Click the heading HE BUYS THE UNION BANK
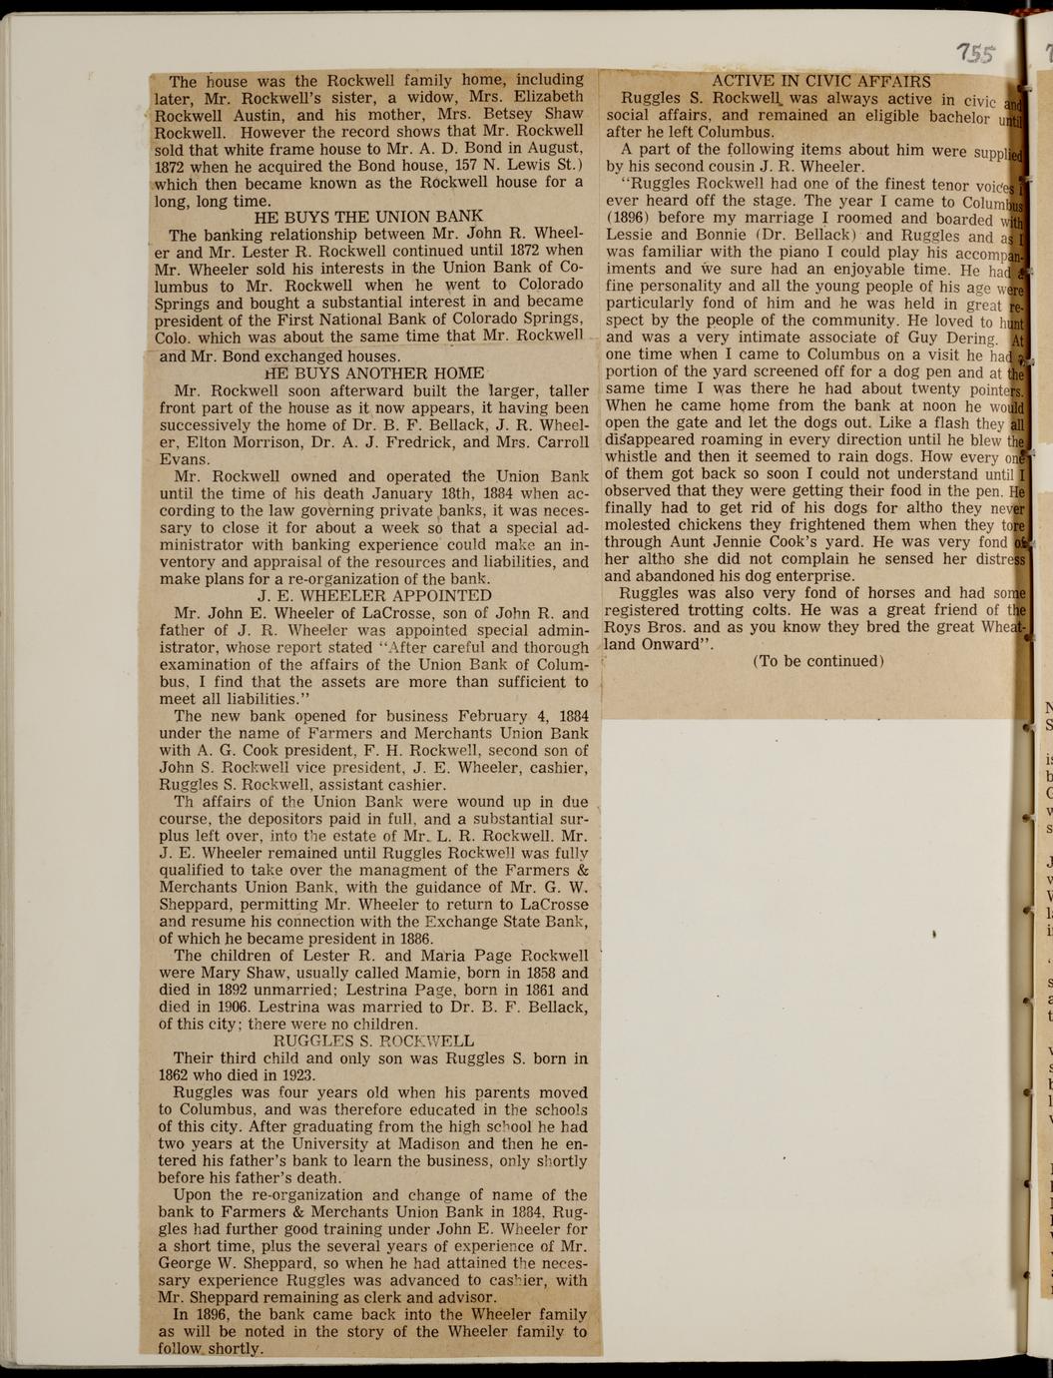pos(368,217)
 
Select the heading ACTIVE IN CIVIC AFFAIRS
pos(820,82)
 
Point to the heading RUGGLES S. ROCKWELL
pos(373,1040)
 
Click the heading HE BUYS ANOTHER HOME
pos(374,373)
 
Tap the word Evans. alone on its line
pos(184,459)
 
